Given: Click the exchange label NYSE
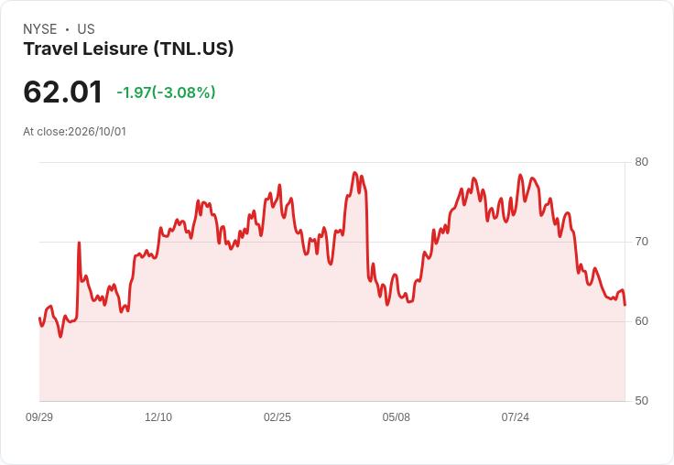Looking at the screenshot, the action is click(x=40, y=29).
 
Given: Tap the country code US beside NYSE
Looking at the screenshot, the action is click(x=86, y=29).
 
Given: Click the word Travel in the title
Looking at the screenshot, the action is click(x=50, y=49).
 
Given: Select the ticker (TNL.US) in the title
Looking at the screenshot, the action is click(x=194, y=49).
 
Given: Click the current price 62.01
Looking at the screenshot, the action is click(x=63, y=92).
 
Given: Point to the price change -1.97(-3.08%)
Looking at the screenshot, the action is click(x=166, y=92).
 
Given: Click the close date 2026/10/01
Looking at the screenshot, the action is click(x=97, y=132).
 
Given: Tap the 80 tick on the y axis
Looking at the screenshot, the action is click(x=641, y=162).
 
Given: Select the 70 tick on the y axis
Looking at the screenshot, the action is click(x=641, y=242).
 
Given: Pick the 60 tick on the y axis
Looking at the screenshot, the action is click(x=641, y=321).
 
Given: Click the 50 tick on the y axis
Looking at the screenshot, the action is click(x=641, y=401).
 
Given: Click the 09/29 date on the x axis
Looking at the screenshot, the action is click(x=39, y=417).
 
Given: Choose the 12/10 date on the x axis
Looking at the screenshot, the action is click(x=158, y=417).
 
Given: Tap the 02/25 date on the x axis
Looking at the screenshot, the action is click(x=277, y=417).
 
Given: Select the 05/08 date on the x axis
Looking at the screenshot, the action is click(x=397, y=417).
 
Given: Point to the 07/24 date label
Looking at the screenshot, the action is click(x=516, y=417).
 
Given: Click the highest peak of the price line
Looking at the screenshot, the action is click(x=354, y=172).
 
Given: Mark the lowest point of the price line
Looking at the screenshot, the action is click(x=60, y=337).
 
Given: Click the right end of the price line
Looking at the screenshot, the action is click(x=625, y=305).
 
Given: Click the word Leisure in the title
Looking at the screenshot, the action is click(x=115, y=49).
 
